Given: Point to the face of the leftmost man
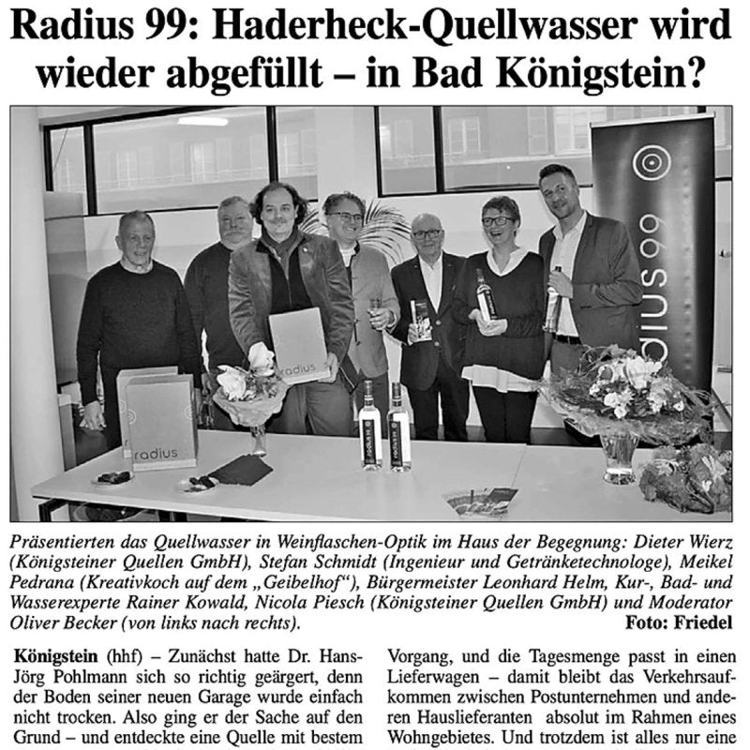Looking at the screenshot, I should click(x=137, y=237).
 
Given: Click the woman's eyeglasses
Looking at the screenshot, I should click(x=497, y=222).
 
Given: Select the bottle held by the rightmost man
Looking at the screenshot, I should click(x=554, y=302).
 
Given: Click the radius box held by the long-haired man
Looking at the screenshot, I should click(x=298, y=346).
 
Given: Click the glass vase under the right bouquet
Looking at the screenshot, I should click(x=620, y=454).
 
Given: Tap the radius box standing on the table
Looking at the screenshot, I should click(x=160, y=419).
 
